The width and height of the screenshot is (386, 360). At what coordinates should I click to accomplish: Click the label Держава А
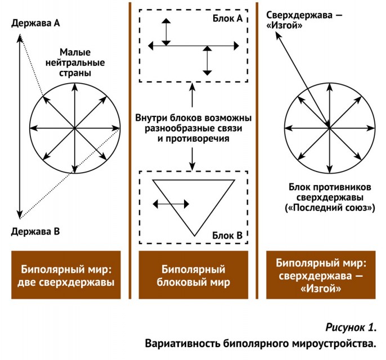coord(35,23)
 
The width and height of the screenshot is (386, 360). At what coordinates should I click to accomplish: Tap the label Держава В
coord(35,232)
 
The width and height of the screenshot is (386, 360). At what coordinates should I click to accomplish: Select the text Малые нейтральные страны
coord(75,62)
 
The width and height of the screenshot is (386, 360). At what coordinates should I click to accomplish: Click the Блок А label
coord(228,18)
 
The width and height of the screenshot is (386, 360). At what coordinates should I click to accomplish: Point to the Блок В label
coord(227,236)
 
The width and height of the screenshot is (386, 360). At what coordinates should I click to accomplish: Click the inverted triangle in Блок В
coord(173,208)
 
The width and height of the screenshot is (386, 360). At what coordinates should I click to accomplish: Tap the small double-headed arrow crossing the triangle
coord(171,204)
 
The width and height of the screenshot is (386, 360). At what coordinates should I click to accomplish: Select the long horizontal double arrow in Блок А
coord(194,46)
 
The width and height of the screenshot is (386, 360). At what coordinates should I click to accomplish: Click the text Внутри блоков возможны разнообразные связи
coord(194,123)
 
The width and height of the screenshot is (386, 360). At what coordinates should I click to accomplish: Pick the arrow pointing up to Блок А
coord(192,95)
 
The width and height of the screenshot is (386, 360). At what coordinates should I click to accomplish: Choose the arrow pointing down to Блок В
coord(192,159)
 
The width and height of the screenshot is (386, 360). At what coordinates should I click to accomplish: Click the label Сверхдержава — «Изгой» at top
coord(304,20)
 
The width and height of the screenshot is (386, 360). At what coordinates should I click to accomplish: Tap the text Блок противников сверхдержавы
coord(330,192)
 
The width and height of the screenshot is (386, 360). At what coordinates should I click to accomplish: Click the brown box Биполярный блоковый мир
coord(194,275)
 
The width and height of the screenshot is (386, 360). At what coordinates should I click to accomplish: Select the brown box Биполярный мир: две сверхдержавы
coord(66,275)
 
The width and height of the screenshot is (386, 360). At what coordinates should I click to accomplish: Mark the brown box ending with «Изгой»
coord(321,275)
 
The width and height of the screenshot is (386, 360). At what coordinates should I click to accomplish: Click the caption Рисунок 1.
coord(351,327)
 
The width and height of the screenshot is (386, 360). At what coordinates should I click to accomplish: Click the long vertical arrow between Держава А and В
coord(20,127)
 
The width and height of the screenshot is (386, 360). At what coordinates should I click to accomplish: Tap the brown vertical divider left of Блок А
coord(130,151)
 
